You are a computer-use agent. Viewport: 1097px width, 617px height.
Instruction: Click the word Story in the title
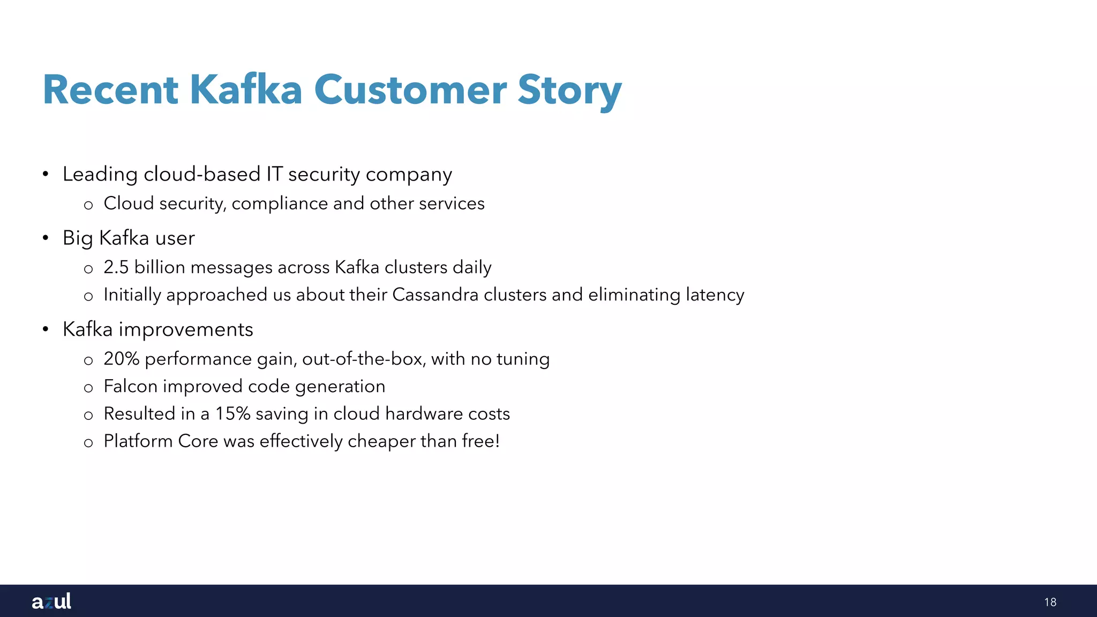(x=569, y=90)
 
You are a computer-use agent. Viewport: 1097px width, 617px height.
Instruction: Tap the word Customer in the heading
(x=410, y=90)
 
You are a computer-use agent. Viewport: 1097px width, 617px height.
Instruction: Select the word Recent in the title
(x=110, y=90)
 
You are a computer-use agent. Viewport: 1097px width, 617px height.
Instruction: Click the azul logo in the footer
(x=51, y=601)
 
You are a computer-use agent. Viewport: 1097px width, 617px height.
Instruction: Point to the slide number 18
(x=1050, y=602)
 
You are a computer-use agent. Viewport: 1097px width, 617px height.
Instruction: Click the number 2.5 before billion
(x=116, y=267)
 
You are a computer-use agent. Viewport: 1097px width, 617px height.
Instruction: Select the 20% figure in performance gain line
(x=122, y=359)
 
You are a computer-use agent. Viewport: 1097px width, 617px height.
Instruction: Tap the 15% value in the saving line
(x=233, y=413)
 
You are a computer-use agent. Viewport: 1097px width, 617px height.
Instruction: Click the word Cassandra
(x=435, y=295)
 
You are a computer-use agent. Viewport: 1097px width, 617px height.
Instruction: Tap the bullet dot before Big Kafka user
(x=46, y=238)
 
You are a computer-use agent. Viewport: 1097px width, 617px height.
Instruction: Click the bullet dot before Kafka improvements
(x=46, y=329)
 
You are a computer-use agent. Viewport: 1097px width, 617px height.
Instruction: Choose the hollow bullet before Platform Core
(x=88, y=442)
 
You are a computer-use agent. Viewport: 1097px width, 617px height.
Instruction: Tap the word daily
(x=471, y=267)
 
